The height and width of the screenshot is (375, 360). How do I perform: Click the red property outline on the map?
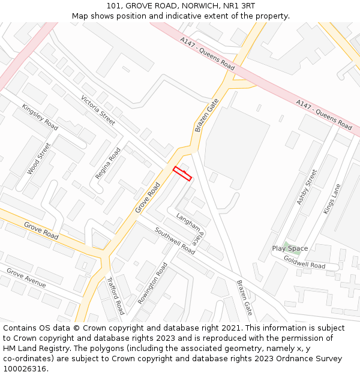pyautogui.click(x=182, y=173)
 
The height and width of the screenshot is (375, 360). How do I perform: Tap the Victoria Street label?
pyautogui.click(x=98, y=110)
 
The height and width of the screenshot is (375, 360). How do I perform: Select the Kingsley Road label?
pyautogui.click(x=40, y=117)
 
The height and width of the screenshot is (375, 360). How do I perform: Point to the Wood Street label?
pyautogui.click(x=39, y=158)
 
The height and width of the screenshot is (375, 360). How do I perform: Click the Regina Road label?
pyautogui.click(x=108, y=163)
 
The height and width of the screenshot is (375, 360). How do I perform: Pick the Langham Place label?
pyautogui.click(x=190, y=226)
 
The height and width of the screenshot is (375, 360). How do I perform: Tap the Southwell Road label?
pyautogui.click(x=175, y=240)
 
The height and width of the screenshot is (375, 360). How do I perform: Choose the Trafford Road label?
pyautogui.click(x=115, y=295)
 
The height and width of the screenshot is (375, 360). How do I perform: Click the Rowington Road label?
pyautogui.click(x=152, y=283)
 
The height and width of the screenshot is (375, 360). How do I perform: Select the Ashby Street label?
pyautogui.click(x=307, y=187)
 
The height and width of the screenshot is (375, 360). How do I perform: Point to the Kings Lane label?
pyautogui.click(x=332, y=199)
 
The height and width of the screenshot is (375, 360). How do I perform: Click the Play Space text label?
pyautogui.click(x=290, y=248)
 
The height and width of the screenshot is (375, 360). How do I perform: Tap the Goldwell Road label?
pyautogui.click(x=304, y=262)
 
